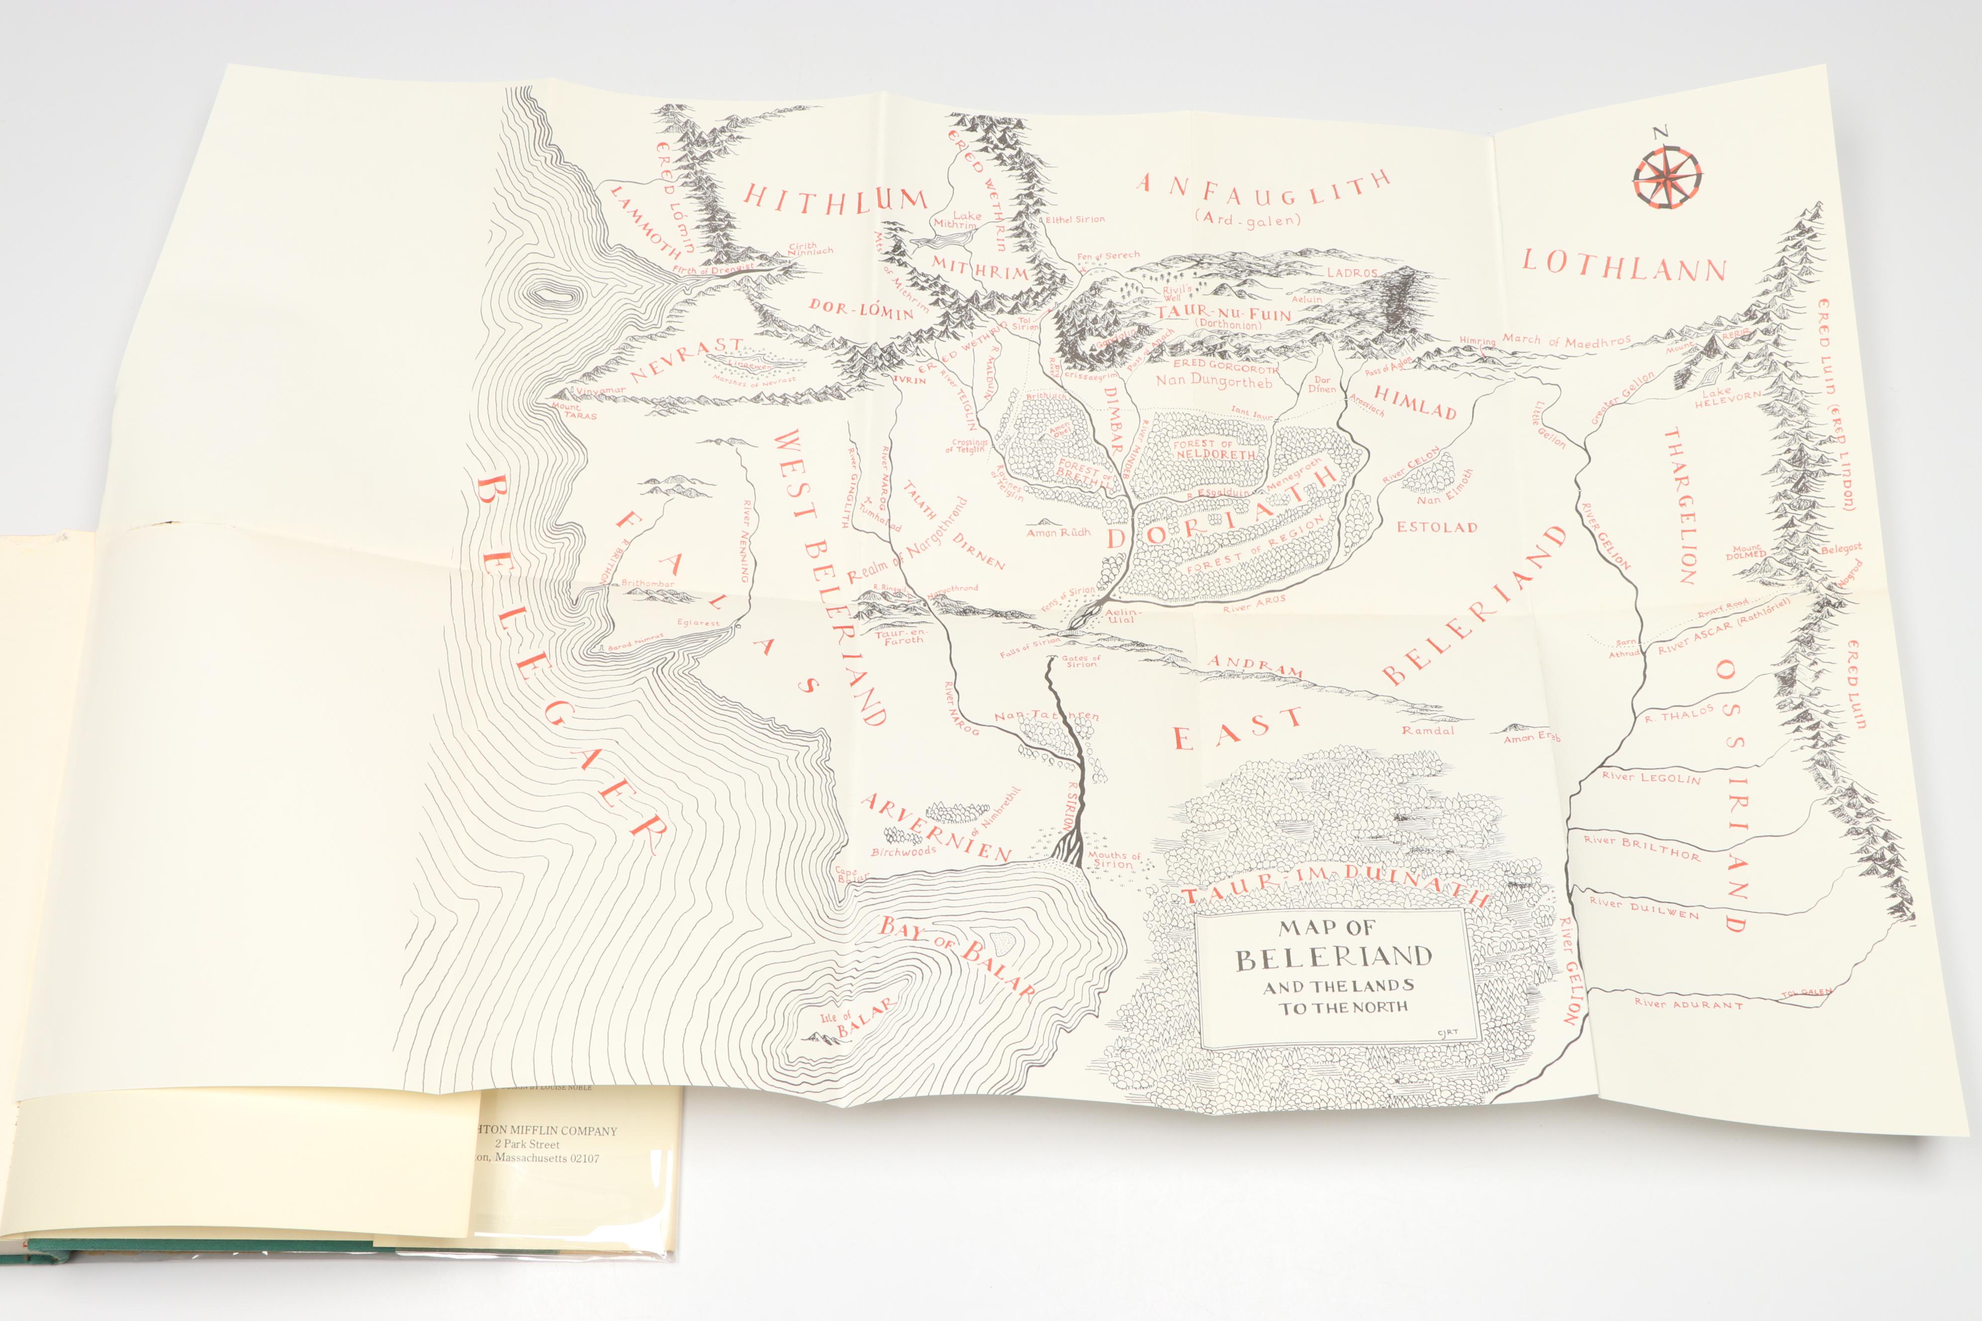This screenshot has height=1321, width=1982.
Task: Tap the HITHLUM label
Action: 836,199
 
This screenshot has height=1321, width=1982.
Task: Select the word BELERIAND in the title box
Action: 1333,958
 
